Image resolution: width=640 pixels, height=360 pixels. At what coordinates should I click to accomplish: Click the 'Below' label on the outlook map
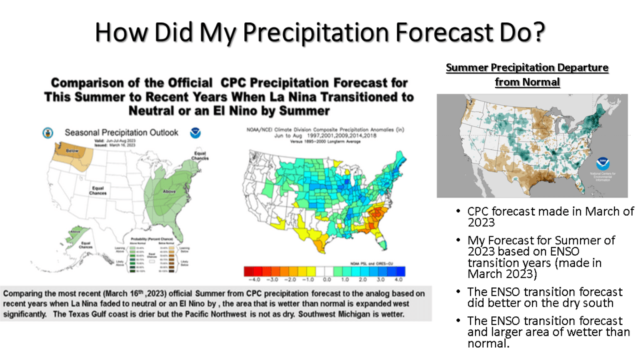[x=66, y=151]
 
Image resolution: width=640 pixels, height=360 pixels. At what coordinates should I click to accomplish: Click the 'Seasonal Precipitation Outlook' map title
[x=122, y=132]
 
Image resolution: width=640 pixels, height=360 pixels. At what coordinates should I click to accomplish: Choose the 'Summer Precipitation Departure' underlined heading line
[x=527, y=67]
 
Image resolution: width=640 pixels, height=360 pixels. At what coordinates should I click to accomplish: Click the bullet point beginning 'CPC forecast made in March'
[x=550, y=216]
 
